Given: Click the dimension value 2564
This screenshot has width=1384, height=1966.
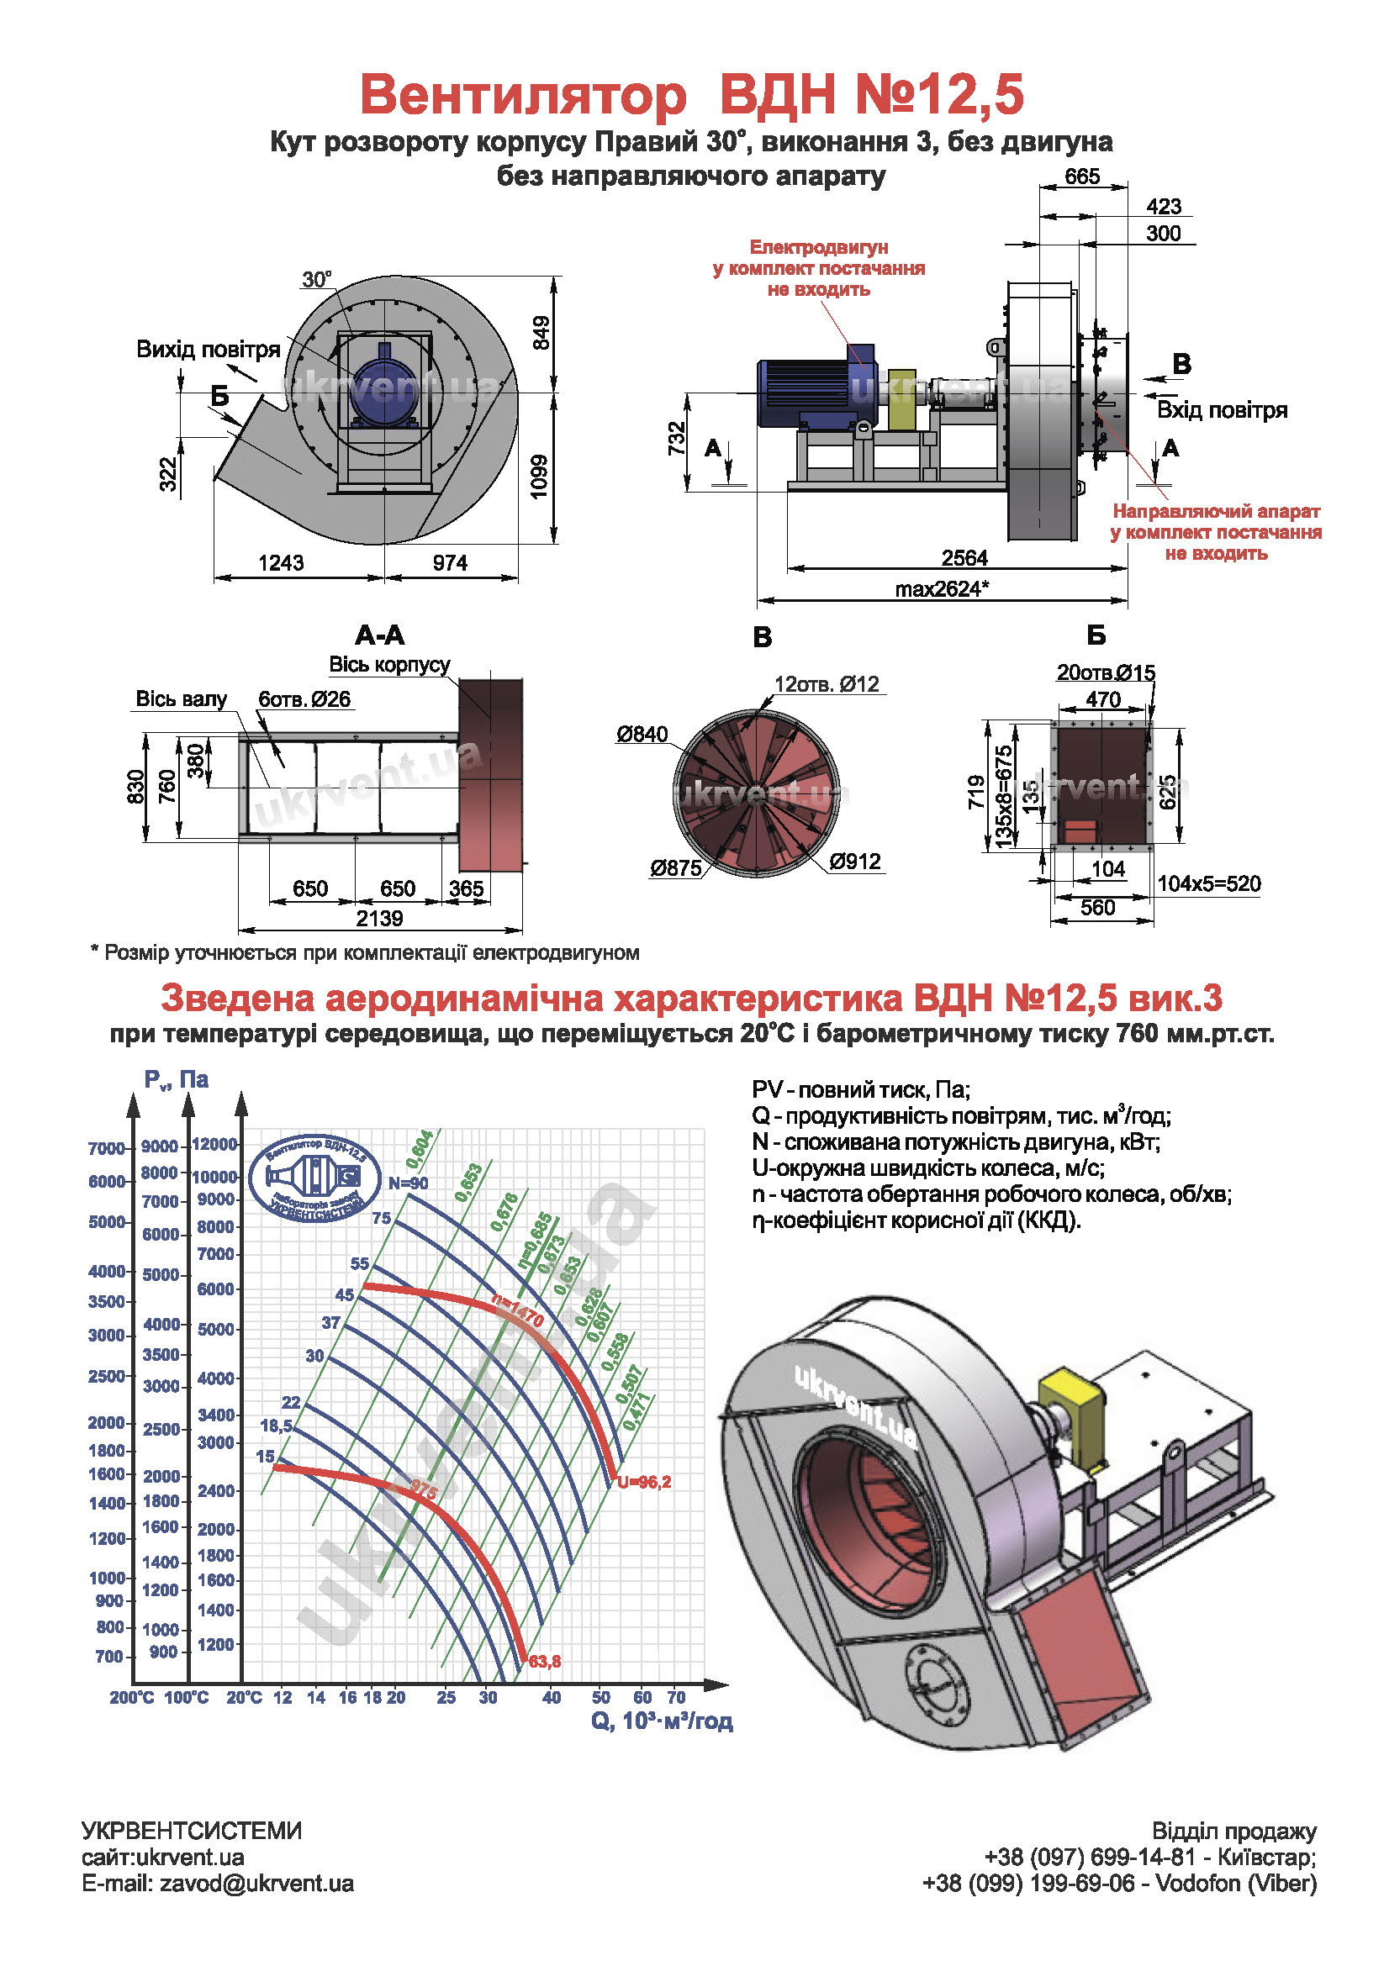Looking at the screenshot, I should (964, 558).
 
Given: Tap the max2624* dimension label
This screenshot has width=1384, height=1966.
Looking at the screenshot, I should (941, 589).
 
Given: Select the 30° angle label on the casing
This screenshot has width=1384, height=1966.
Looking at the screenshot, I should (316, 280).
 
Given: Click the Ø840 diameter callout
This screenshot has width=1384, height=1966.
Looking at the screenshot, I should (642, 734).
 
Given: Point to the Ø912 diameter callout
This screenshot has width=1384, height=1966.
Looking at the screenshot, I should (854, 861).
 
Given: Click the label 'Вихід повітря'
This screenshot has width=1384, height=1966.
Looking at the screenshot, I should (209, 350).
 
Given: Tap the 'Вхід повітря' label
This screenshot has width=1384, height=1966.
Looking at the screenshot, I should (1221, 410).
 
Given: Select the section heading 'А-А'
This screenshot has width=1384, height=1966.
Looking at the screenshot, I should (379, 635).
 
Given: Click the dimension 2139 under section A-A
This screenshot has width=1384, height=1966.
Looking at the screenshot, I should (379, 918).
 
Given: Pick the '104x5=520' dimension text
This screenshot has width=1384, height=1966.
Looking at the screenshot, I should (1208, 883).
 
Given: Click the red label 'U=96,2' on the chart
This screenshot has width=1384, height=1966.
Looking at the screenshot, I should (644, 1482).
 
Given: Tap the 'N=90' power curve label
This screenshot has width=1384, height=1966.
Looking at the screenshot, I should (408, 1183).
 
